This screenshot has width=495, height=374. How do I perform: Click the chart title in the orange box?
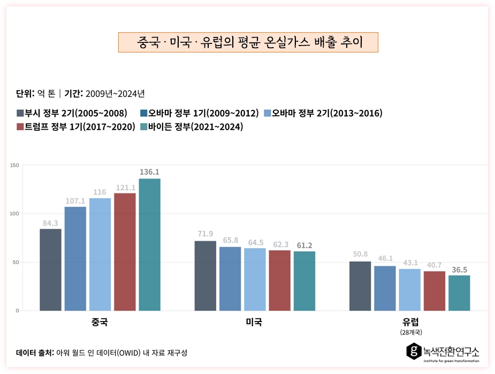(248, 42)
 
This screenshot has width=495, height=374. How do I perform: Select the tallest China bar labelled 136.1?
(149, 244)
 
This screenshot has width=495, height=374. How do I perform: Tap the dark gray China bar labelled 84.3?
(50, 270)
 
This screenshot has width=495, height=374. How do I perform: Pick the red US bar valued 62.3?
(279, 280)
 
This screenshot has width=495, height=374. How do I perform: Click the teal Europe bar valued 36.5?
(459, 293)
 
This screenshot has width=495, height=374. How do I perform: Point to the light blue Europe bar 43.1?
(409, 289)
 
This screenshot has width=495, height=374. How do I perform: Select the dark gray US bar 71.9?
(205, 275)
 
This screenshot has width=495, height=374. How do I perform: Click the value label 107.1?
(75, 201)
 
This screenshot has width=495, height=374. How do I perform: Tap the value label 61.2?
(304, 245)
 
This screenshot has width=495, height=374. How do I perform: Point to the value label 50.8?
(360, 256)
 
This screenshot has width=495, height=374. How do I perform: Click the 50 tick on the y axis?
(17, 262)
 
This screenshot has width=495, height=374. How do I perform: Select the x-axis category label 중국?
(100, 323)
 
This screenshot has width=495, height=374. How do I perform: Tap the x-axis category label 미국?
(254, 323)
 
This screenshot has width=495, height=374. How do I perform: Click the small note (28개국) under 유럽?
(410, 332)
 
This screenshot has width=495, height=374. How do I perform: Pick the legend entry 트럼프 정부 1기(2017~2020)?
(75, 127)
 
